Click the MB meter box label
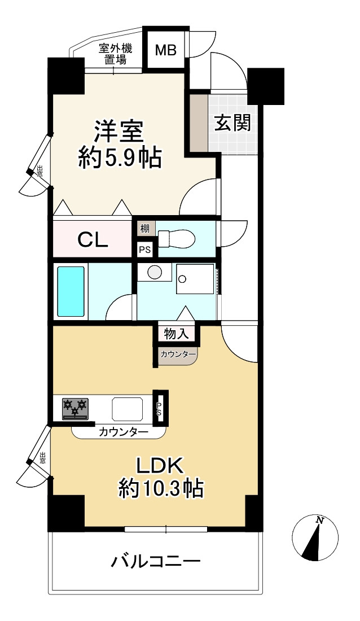coord(165,50)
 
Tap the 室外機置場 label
coord(115,54)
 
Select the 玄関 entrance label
coord(233,123)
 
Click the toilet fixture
coord(176,239)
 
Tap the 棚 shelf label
coord(144,229)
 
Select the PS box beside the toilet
coord(144,250)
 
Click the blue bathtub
coord(71,291)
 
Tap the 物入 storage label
coord(176,334)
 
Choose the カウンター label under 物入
coord(178,354)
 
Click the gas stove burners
coord(75,409)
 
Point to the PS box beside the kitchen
coord(159,409)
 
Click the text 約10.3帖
coord(161,489)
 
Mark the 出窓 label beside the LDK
coord(42,458)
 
